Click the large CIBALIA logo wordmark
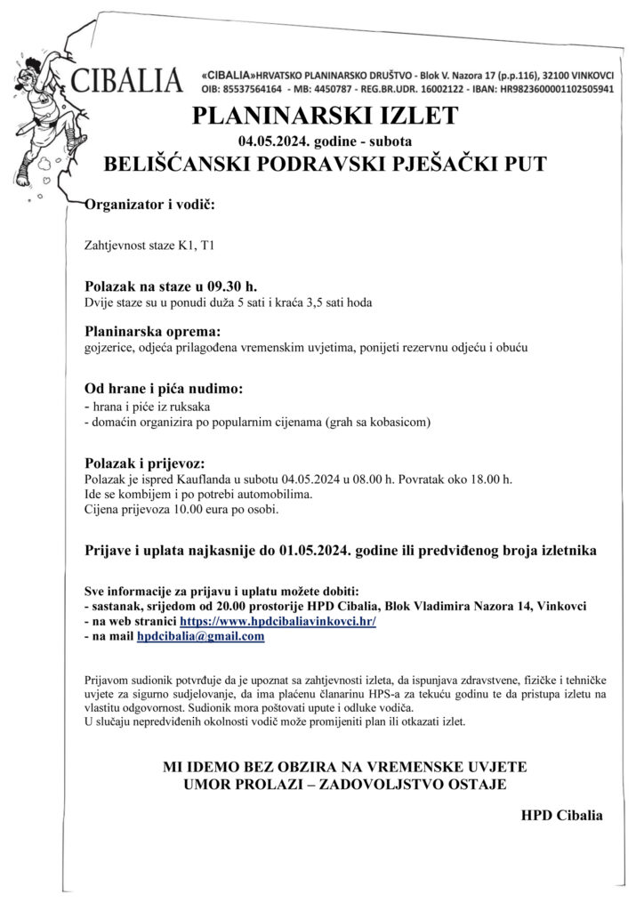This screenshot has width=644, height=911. [x=127, y=79]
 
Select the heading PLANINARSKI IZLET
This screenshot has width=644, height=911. [x=325, y=117]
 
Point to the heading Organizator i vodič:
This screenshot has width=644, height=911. [x=149, y=206]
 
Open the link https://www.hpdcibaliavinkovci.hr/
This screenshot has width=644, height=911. [x=278, y=622]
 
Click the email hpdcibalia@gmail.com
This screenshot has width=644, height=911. [x=200, y=637]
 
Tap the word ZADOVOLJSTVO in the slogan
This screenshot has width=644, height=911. [x=406, y=784]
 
